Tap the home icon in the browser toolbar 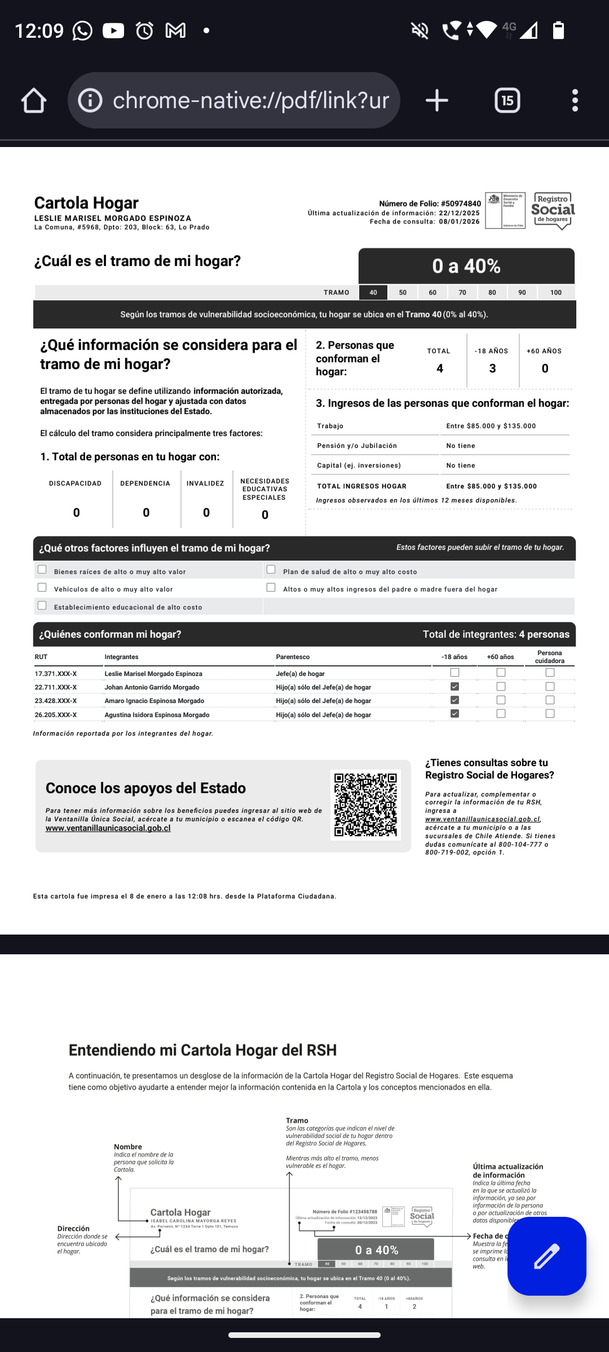pos(34,101)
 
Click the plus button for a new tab pos(436,101)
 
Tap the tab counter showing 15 pos(507,101)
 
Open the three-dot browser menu pos(575,101)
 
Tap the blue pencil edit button pos(546,1256)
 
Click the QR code pos(365,804)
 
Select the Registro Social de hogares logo pos(553,211)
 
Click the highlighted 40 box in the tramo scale pos(373,292)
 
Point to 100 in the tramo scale pos(555,292)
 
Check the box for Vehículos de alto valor pos(42,588)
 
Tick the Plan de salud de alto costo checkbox pos(271,570)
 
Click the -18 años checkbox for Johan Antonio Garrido pos(455,687)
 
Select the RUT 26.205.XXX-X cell pos(56,715)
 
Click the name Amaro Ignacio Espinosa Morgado pos(155,701)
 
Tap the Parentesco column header pos(293,657)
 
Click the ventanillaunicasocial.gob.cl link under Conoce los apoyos pos(108,828)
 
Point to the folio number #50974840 pos(461,203)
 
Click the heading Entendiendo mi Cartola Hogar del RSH pos(202,1050)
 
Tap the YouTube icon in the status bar pos(113,30)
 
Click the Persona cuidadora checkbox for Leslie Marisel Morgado pos(550,673)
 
